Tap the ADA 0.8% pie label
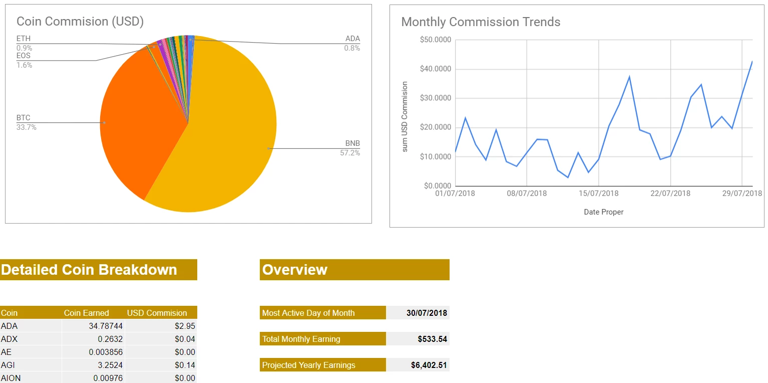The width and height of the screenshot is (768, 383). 352,44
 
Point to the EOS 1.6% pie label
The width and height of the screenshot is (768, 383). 24,60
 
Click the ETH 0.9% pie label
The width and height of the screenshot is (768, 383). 24,43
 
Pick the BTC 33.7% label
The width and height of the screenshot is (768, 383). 26,122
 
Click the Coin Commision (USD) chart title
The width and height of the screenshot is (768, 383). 80,22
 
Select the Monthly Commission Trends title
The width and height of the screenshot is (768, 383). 481,22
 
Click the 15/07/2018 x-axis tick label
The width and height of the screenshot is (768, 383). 598,193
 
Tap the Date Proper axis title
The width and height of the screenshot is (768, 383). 603,212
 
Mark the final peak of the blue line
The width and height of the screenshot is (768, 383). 752,61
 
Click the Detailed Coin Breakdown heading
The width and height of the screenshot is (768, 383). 89,270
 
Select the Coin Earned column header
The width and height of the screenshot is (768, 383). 86,313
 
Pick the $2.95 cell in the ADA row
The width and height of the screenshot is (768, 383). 185,326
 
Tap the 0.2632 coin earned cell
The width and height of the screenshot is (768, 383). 110,339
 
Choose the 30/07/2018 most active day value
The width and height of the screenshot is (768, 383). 427,313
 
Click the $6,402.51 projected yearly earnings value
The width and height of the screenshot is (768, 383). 429,365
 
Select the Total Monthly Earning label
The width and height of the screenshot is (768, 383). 301,339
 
